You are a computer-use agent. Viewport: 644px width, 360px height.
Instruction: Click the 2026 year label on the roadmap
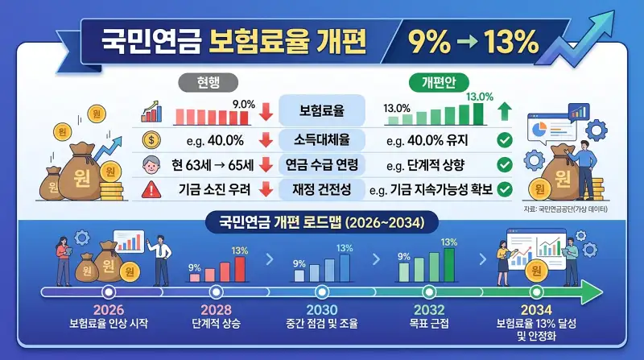coord(108,311)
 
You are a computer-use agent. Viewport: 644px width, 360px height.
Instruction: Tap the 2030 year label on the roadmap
coord(322,311)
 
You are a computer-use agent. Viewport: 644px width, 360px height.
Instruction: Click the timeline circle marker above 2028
coord(215,291)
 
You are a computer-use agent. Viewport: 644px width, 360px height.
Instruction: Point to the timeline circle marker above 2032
coord(429,291)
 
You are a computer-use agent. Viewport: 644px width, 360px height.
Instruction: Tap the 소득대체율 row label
coord(322,141)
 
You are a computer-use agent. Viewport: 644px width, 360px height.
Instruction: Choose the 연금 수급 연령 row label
coord(322,165)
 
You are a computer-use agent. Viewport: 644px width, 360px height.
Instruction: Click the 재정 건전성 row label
coord(322,190)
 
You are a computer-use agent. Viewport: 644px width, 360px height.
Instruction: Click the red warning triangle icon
coord(150,190)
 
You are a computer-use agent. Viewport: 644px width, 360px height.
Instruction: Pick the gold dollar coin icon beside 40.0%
coord(150,141)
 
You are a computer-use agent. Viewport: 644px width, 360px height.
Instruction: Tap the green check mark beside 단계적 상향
coord(505,165)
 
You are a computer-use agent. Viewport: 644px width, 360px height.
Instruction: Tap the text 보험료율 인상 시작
coord(108,325)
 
